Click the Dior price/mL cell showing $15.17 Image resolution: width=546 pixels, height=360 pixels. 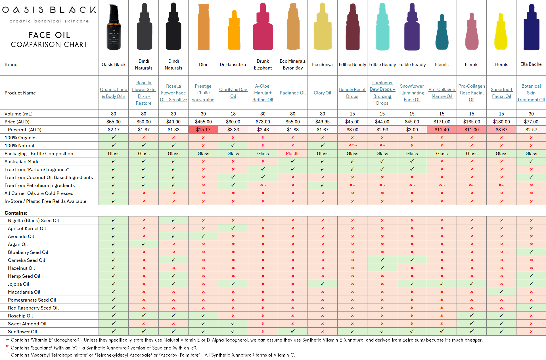[203, 130]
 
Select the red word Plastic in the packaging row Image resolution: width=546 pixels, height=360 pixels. [292, 153]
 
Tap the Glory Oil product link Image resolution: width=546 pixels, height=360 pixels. [322, 93]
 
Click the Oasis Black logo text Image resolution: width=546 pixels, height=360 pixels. [49, 10]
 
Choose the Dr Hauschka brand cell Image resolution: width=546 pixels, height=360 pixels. [233, 64]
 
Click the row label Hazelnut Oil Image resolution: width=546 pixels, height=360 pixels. [21, 268]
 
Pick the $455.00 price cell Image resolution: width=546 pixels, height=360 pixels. [203, 122]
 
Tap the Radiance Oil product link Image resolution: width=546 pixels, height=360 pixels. [292, 93]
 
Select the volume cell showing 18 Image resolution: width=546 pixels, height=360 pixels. [233, 114]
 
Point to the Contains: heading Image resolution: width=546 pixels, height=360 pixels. [16, 213]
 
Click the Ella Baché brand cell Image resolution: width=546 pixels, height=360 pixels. [531, 64]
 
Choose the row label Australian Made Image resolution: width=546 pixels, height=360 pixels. [22, 161]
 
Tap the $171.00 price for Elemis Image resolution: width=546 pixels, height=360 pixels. [442, 122]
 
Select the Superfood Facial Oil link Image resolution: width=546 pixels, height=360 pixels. [501, 93]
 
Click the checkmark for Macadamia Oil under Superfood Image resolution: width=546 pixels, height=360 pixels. [501, 292]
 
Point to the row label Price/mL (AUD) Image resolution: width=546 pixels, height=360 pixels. [24, 130]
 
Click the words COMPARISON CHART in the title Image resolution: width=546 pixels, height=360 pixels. [49, 45]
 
